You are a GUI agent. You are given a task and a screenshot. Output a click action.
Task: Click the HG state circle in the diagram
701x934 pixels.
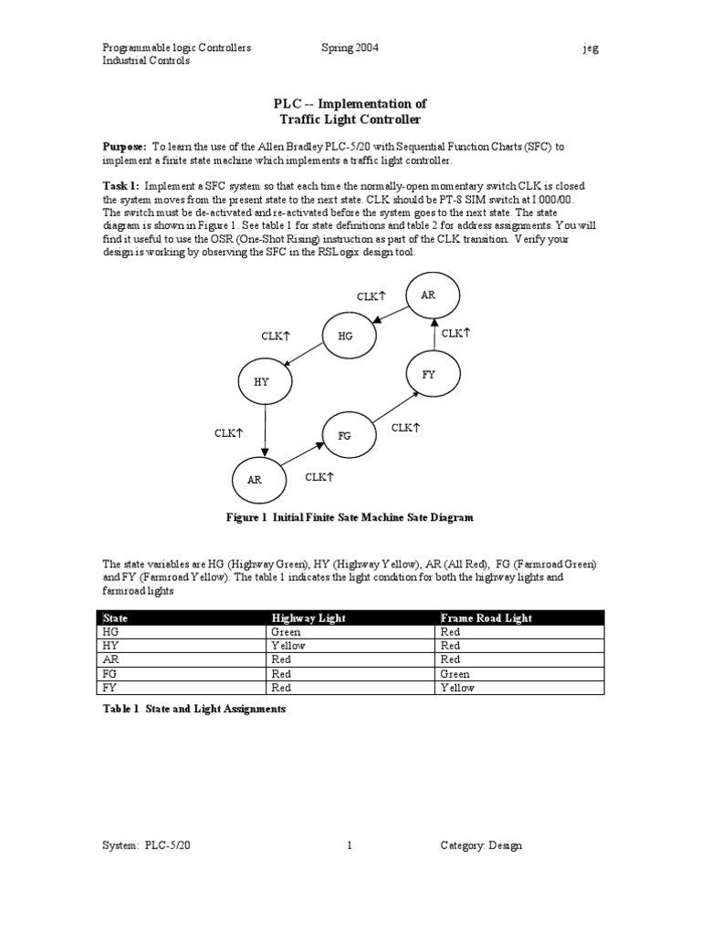click(x=345, y=336)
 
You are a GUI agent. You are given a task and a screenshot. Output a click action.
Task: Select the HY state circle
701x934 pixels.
click(x=262, y=382)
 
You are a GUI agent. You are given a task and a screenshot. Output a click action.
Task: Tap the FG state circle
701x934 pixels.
click(x=344, y=436)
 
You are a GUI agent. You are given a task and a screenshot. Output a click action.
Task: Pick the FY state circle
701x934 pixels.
click(x=429, y=375)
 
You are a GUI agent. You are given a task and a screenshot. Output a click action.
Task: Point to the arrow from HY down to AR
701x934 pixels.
click(x=264, y=431)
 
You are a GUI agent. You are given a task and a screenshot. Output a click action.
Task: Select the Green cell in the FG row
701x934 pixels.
click(x=457, y=674)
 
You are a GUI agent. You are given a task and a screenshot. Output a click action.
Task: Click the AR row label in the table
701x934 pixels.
click(x=112, y=659)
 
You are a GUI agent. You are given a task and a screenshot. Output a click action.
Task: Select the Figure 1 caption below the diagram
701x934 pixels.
click(x=350, y=516)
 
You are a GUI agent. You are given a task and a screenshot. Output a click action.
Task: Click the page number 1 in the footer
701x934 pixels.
click(x=350, y=846)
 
